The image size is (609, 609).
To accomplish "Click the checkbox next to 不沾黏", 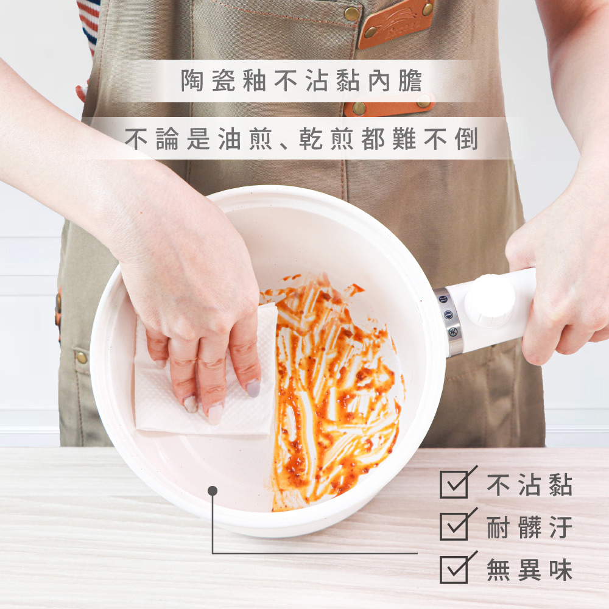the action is (454, 484).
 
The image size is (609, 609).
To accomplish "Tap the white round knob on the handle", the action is (490, 300).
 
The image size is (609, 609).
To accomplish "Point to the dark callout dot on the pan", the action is (213, 491).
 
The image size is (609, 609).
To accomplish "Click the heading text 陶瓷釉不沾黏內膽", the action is (301, 81).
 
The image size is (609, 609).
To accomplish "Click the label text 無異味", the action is (529, 570).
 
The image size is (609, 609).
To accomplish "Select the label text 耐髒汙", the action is (529, 527).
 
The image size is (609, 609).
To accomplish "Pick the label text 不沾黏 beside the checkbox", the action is (529, 484).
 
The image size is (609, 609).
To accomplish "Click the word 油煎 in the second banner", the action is (245, 139).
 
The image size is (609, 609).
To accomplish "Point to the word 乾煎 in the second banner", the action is (326, 139).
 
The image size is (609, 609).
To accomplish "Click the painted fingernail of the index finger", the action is (253, 387).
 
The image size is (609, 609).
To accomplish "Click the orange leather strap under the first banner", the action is (389, 105).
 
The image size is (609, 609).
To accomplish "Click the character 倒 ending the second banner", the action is (466, 139).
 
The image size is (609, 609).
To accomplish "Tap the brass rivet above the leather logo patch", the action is (352, 14).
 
